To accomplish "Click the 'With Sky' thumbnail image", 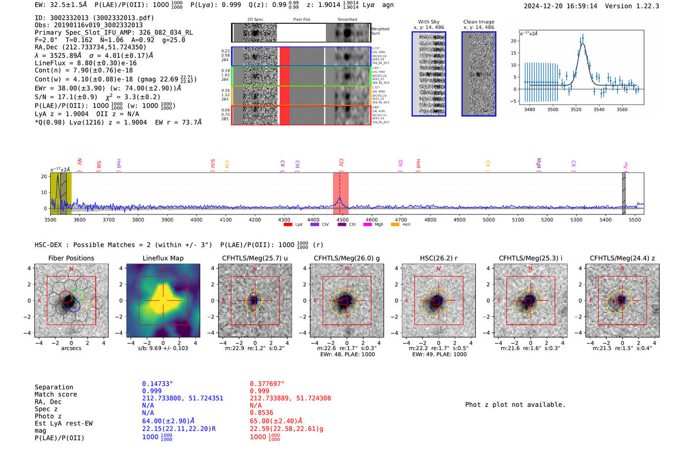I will (429, 74).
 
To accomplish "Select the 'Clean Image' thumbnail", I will (479, 74).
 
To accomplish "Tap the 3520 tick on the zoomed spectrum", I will (576, 109).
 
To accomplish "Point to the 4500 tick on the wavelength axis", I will (343, 219).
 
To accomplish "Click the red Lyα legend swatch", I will (288, 224).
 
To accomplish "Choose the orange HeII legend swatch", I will (395, 224).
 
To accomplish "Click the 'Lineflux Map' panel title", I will (163, 258).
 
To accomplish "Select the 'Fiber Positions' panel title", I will (71, 258).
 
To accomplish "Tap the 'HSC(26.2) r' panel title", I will (438, 258).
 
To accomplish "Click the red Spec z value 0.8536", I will (261, 413).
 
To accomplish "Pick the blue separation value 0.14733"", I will (157, 384).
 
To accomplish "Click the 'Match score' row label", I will (56, 395).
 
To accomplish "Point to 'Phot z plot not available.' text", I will (515, 405).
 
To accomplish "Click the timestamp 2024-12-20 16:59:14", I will (560, 6).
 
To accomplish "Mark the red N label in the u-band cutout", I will (255, 269).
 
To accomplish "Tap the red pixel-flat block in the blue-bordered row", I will (285, 56).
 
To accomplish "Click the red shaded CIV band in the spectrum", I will (341, 193).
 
